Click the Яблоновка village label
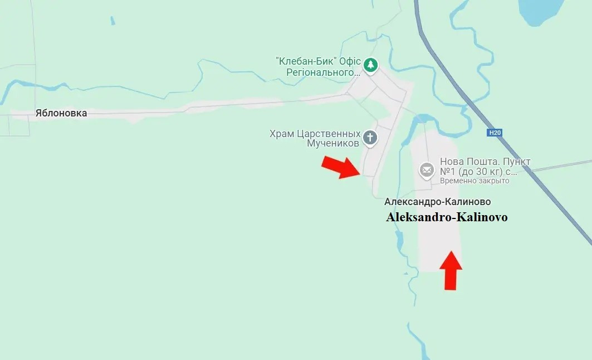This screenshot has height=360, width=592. coord(61,113)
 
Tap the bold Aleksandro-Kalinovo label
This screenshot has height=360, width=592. coord(447,217)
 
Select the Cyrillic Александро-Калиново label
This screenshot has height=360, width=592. coord(437,202)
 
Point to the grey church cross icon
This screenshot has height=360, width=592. coord(370,137)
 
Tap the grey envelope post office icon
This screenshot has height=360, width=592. coord(427,170)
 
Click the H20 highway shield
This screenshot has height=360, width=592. coord(494,133)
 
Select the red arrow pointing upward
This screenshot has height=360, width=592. coord(451,270)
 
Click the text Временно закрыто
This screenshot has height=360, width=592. coord(474,181)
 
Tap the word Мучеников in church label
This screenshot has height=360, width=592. coord(333,143)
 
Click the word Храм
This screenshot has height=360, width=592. coord(282,134)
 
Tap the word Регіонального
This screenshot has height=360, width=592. coord(324,72)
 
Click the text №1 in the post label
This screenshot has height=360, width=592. coord(449,171)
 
